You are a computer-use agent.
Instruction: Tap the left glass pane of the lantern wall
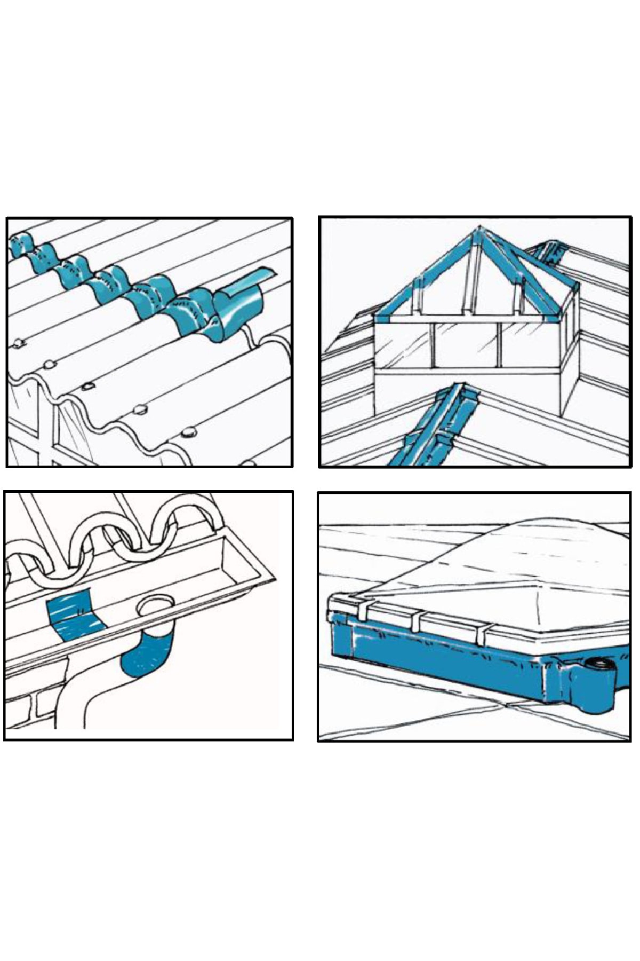point(403,344)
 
